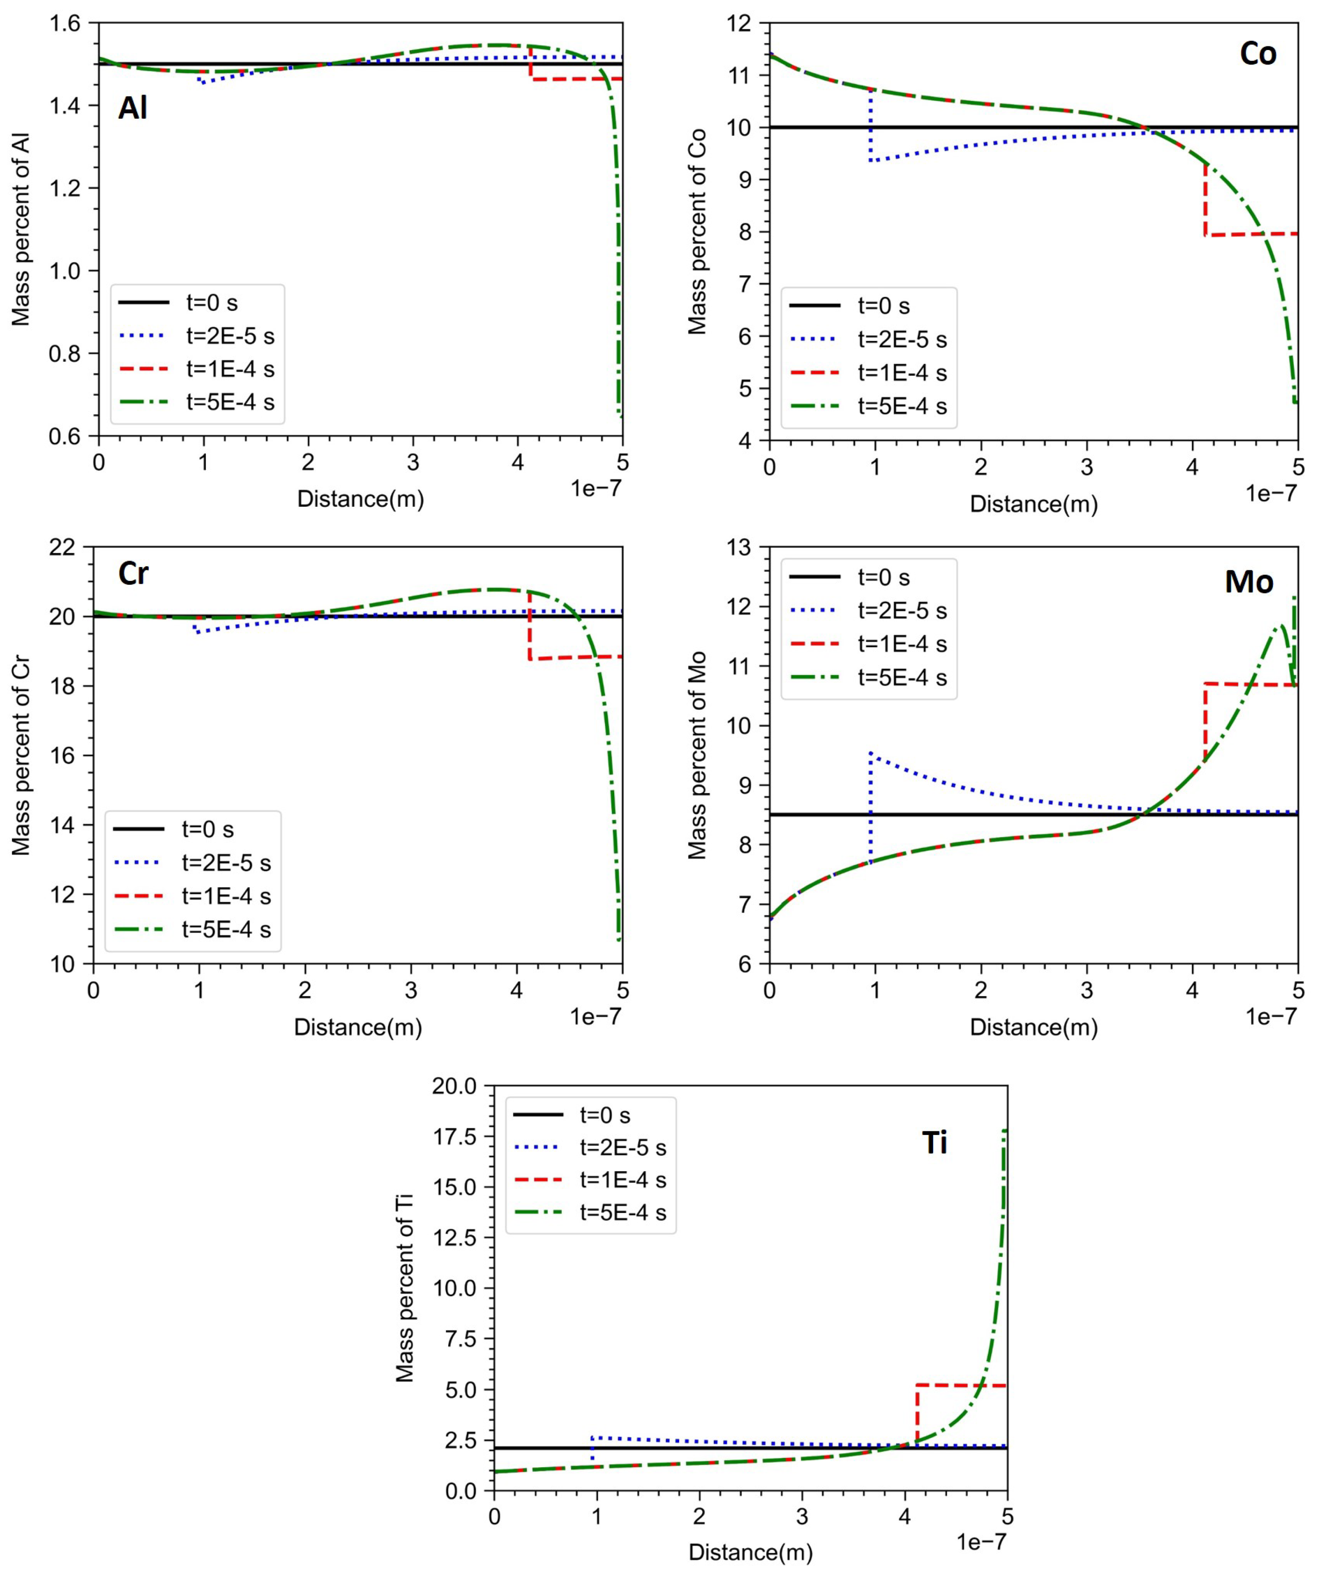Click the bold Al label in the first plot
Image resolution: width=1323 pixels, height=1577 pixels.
pyautogui.click(x=132, y=109)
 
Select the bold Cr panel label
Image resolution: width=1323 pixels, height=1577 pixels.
pyautogui.click(x=133, y=574)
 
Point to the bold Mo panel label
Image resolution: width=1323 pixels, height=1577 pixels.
pyautogui.click(x=1249, y=581)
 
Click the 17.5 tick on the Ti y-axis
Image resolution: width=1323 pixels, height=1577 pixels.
pyautogui.click(x=455, y=1137)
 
